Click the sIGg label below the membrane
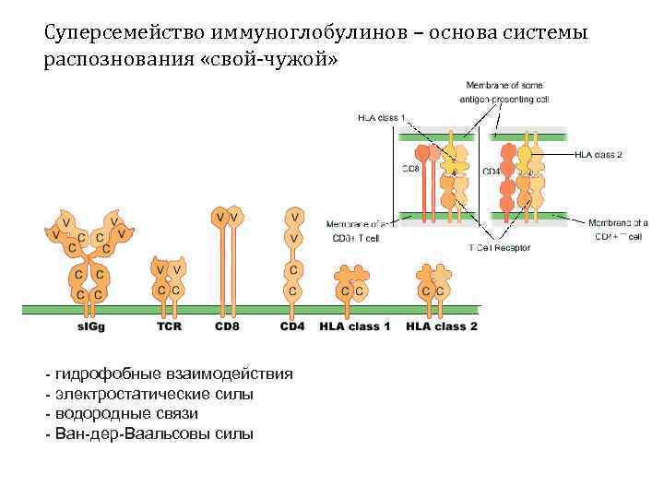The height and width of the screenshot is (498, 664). click(x=92, y=326)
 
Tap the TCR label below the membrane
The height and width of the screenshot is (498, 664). click(x=169, y=326)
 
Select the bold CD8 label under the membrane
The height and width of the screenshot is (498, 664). click(x=227, y=326)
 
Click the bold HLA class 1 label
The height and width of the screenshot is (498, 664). click(x=355, y=326)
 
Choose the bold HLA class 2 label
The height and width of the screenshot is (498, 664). click(x=442, y=326)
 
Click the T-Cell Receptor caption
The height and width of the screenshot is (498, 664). click(x=500, y=248)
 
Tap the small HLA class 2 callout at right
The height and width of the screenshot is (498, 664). click(x=598, y=154)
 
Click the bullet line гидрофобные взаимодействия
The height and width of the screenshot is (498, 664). click(x=174, y=373)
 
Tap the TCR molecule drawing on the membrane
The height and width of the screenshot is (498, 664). click(x=168, y=279)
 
